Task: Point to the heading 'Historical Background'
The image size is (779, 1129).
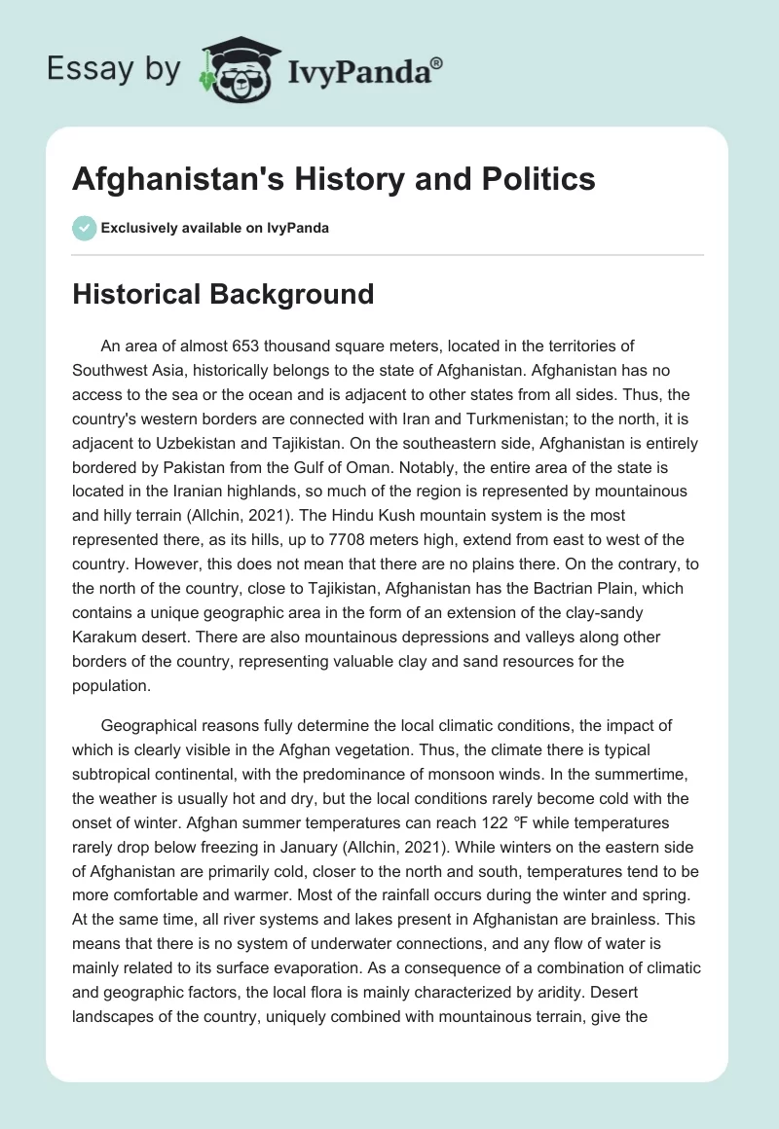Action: coord(223,294)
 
